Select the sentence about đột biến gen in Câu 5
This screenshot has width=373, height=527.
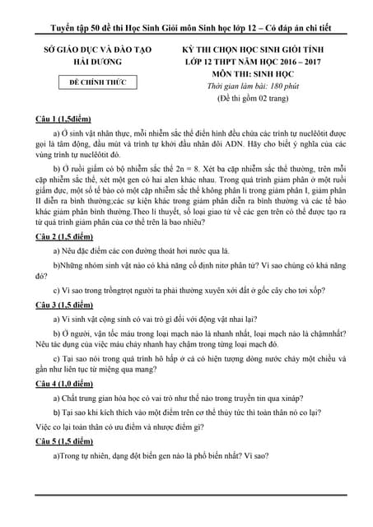165,455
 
